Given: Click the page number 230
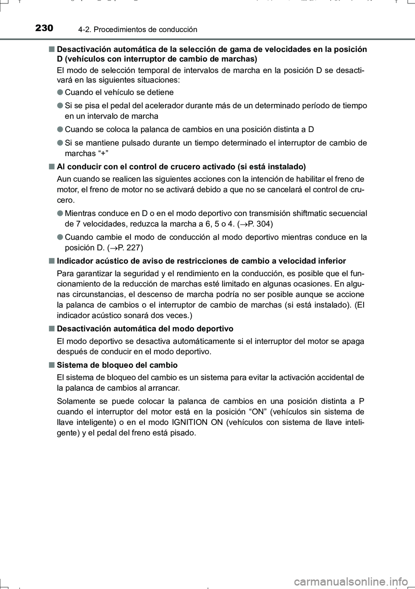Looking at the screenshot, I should tap(44, 29).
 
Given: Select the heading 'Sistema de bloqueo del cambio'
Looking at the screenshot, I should tap(117, 365).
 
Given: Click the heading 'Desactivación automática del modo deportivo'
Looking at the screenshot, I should tap(145, 328).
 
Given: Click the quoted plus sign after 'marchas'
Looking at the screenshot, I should tap(104, 154).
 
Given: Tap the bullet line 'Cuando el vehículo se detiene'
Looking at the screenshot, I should tap(119, 92).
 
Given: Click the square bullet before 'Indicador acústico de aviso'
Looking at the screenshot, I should tap(51, 261).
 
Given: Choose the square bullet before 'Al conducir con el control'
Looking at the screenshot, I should tap(51, 167).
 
